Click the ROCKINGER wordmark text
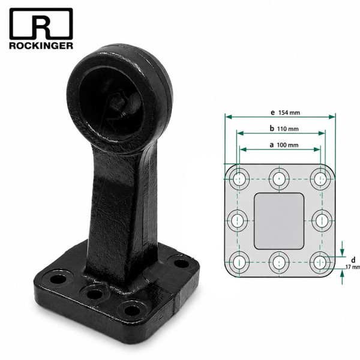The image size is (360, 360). [41, 45]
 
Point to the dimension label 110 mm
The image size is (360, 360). [288, 129]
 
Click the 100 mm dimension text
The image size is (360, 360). [287, 145]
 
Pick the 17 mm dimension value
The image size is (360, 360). [353, 267]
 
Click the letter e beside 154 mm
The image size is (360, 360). [273, 113]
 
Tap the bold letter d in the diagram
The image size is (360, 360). [353, 260]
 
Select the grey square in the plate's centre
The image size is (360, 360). [279, 221]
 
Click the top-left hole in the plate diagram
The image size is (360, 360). [239, 179]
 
